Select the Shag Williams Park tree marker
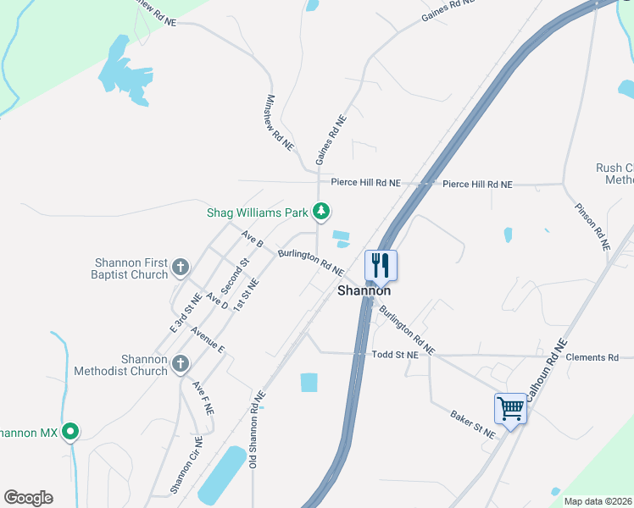coord(321,211)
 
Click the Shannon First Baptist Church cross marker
coord(180,268)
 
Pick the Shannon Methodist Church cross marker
coord(180,364)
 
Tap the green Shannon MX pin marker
coord(71,433)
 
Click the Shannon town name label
coord(364,290)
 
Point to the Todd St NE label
coord(396,356)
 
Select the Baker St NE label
coord(473,424)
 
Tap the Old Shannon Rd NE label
coord(257,429)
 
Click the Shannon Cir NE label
coord(186,465)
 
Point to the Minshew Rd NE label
coord(279,123)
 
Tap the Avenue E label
coord(208,340)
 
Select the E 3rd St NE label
coord(185,312)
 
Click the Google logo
coord(28,498)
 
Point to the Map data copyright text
coord(598,501)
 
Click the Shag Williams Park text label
coord(258,213)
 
